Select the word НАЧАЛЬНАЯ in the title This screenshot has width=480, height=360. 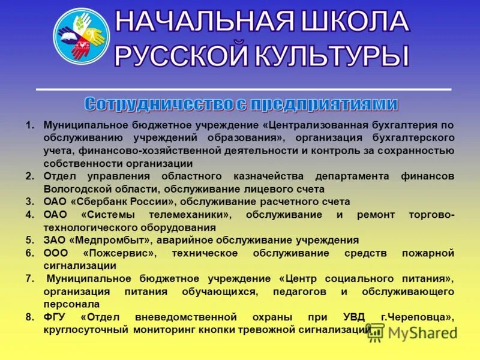pos(204,22)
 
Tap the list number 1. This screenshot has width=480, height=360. pos(29,125)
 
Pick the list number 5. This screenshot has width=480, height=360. pos(29,240)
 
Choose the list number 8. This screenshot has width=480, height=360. pos(29,317)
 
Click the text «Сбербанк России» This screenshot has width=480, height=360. pos(127,202)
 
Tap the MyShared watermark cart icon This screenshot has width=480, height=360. pos(376,332)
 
